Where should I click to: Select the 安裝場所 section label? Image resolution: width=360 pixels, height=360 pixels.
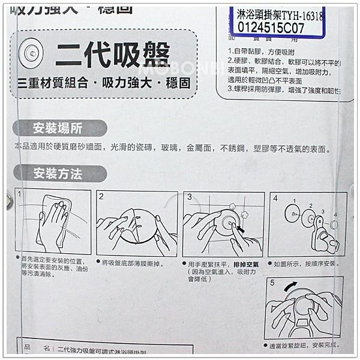click(58, 128)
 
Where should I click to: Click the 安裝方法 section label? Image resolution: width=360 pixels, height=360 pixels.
click(58, 175)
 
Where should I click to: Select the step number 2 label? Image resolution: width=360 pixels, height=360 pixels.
click(101, 196)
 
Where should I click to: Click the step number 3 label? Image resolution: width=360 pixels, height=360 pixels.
click(189, 196)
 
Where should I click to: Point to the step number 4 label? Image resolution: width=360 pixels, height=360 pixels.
click(275, 197)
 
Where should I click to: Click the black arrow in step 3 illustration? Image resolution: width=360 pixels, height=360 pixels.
click(240, 229)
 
